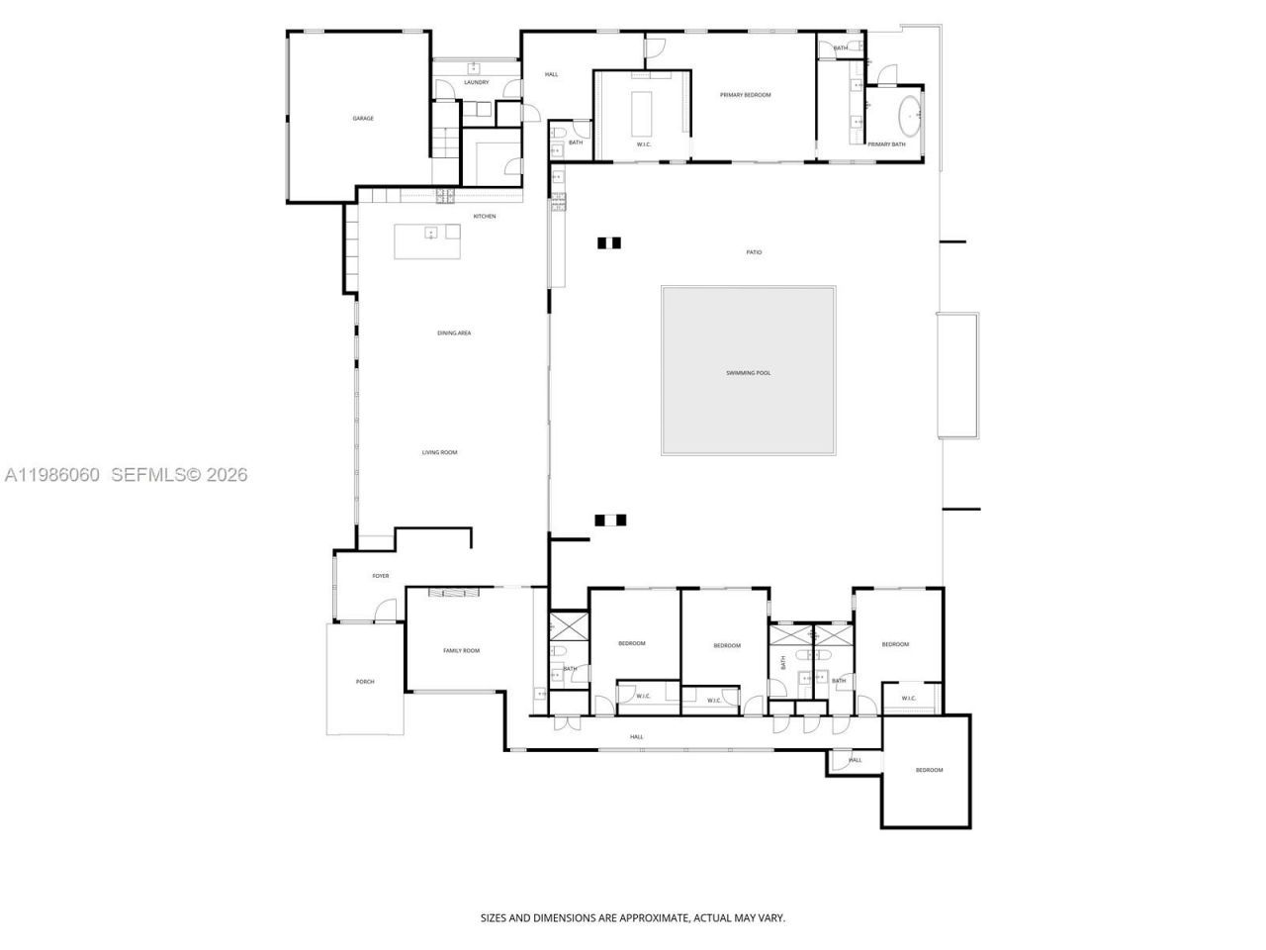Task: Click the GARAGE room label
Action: pos(363,119)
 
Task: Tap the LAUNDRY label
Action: pos(476,82)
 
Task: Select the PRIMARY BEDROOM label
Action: pos(745,95)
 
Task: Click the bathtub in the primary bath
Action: pos(909,116)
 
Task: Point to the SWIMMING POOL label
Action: pos(748,373)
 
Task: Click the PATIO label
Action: pos(754,252)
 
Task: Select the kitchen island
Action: pos(427,241)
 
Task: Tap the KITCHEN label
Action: pos(484,216)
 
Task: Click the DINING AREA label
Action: pos(454,332)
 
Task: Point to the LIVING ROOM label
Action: pos(440,452)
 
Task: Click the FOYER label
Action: pos(380,576)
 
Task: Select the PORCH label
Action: pos(365,682)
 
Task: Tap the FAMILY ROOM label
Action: pos(461,650)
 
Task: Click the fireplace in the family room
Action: pos(454,593)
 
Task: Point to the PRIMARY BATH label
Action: pos(886,144)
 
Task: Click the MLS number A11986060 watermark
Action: pos(51,475)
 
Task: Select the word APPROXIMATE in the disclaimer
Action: pos(653,918)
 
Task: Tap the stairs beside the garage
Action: pos(446,143)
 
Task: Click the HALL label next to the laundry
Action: pos(552,74)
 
